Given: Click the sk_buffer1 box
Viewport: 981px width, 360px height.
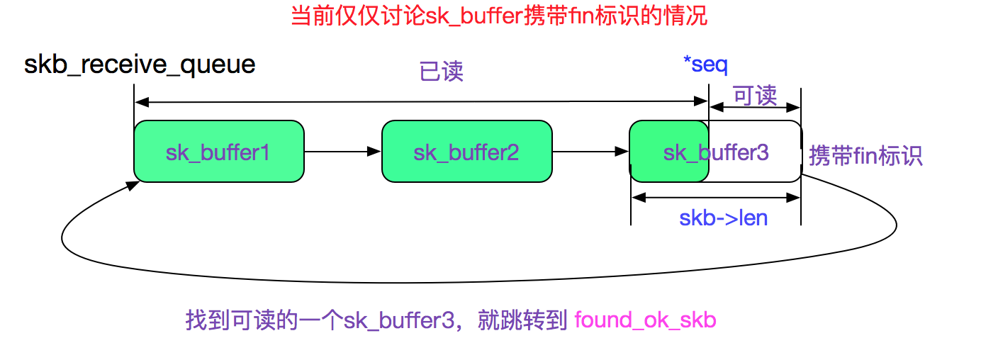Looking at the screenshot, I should [x=218, y=151].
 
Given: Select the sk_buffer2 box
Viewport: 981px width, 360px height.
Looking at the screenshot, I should [x=466, y=151].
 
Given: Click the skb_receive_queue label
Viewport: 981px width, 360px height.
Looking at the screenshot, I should [x=140, y=64].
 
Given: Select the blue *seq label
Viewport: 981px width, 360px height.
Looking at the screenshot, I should [x=705, y=64].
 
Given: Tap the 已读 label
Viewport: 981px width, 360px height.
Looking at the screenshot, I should [x=442, y=72].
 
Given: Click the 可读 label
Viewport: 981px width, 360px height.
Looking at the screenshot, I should [x=755, y=95].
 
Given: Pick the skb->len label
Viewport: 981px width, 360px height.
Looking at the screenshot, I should [x=723, y=218].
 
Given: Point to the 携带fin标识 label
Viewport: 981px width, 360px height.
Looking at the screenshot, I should [x=865, y=156].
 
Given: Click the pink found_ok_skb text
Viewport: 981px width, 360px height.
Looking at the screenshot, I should [x=645, y=320].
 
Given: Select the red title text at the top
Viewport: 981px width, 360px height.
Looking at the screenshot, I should [x=499, y=16].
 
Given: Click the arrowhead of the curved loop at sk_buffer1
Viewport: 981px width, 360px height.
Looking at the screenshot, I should [x=133, y=185].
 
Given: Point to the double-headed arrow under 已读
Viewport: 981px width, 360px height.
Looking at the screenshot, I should [x=421, y=103].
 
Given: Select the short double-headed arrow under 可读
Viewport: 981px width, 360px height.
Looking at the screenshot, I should [x=755, y=107].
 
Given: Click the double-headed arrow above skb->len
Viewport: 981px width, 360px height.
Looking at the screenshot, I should [x=716, y=198].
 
